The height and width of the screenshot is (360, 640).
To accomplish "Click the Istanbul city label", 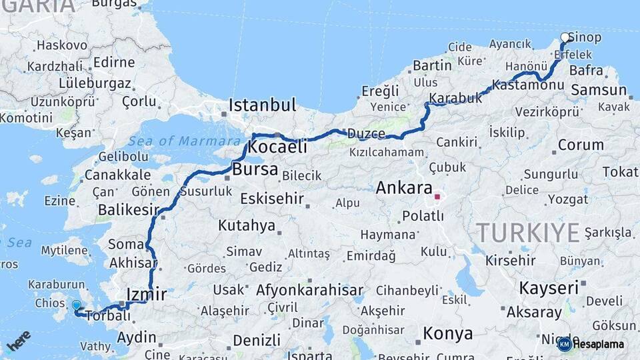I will pyautogui.click(x=262, y=105).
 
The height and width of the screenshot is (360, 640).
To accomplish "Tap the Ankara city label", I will pyautogui.click(x=404, y=188).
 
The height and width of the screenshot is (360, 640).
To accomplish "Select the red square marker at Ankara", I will pyautogui.click(x=437, y=197).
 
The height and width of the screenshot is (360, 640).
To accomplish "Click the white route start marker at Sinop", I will pyautogui.click(x=565, y=37).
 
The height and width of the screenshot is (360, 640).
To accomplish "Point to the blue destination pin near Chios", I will pyautogui.click(x=76, y=306).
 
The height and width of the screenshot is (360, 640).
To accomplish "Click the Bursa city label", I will pyautogui.click(x=255, y=169).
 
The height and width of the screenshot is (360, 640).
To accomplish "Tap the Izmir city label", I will pyautogui.click(x=146, y=294).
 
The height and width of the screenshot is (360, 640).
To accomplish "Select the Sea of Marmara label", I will pyautogui.click(x=185, y=141).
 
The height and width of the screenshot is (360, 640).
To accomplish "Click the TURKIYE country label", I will pyautogui.click(x=527, y=233).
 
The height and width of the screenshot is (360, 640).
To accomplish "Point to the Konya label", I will pyautogui.click(x=447, y=333).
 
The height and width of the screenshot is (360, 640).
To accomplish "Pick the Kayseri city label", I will pyautogui.click(x=548, y=288).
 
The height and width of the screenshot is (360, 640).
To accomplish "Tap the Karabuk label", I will pyautogui.click(x=455, y=98).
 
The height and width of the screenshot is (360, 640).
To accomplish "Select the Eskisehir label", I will pyautogui.click(x=272, y=199).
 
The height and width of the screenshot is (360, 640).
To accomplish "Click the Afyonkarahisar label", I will pyautogui.click(x=309, y=290).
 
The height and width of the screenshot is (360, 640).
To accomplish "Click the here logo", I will pyautogui.click(x=19, y=341).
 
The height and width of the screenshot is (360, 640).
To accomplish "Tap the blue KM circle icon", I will pyautogui.click(x=564, y=344).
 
